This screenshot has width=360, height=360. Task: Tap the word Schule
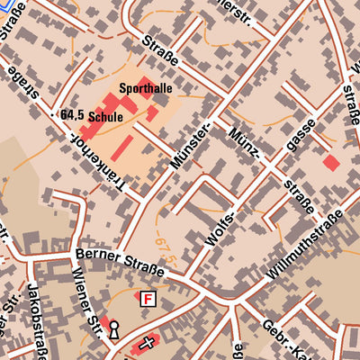106,117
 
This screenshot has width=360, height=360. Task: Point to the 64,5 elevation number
72,116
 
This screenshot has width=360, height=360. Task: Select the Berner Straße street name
120,262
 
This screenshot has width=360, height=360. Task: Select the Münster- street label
191,147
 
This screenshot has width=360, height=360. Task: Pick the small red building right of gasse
331,163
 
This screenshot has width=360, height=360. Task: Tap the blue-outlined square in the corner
4,4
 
